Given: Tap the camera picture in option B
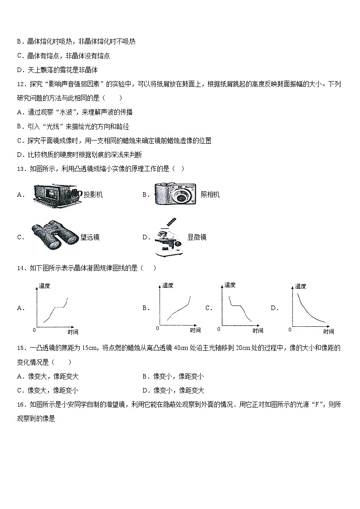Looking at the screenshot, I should [175, 194].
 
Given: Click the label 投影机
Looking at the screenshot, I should [93, 195].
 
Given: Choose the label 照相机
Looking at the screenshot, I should [210, 195].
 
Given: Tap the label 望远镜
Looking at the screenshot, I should [90, 237].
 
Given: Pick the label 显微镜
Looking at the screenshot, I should [197, 237].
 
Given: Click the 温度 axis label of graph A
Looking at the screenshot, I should [45, 286].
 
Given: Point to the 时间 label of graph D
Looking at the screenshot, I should [328, 331].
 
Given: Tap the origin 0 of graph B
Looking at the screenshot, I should [157, 328].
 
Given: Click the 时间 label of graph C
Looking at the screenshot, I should [258, 331].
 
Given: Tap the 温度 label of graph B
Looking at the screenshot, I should [168, 285].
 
